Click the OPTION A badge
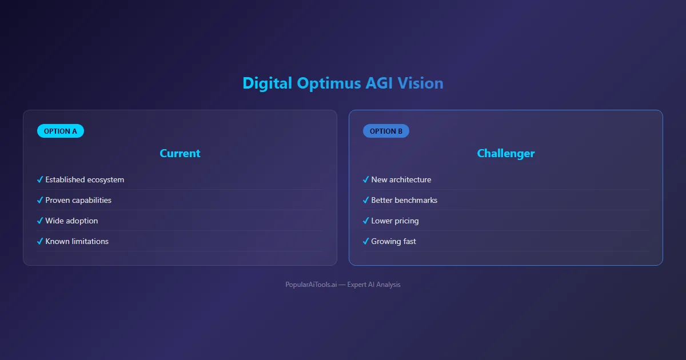(61, 131)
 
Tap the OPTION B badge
(386, 131)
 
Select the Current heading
(180, 153)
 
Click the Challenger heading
(505, 153)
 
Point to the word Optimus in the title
(329, 83)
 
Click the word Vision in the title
(420, 83)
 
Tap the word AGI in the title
(379, 83)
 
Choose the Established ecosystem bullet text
(85, 179)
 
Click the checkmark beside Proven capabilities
(40, 200)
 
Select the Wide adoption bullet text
(71, 221)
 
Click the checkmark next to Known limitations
(40, 241)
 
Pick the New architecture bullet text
(401, 179)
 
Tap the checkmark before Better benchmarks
(366, 200)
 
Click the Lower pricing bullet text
(395, 221)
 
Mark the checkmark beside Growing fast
(366, 241)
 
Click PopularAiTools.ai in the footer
(311, 285)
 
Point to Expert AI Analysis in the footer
(374, 285)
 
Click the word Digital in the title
(267, 83)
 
